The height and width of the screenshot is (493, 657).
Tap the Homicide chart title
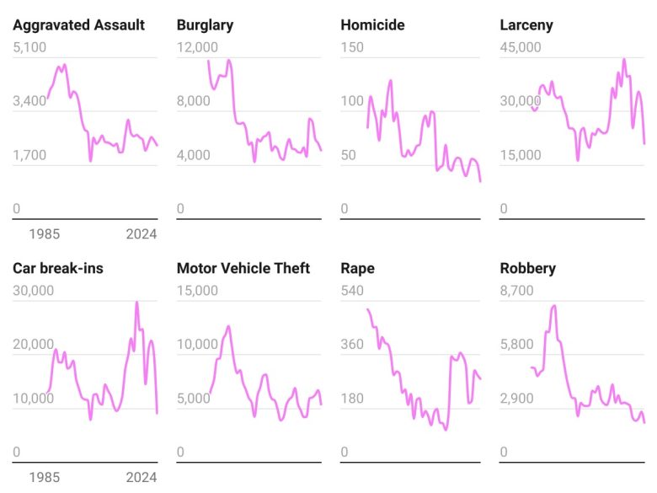click(372, 24)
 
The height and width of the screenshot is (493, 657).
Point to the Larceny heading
click(526, 24)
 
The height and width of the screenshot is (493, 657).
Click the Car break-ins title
click(58, 268)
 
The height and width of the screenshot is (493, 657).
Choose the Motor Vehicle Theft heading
click(243, 268)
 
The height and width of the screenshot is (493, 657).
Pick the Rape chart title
click(357, 268)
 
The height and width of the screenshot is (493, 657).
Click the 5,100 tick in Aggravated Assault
click(29, 47)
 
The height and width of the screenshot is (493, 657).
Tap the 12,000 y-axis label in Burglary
click(197, 47)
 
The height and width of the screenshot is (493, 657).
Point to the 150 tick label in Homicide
click(352, 47)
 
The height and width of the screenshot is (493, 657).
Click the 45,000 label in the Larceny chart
click(521, 47)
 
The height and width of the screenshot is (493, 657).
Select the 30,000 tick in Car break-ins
click(33, 291)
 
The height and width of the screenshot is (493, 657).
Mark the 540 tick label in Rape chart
click(352, 291)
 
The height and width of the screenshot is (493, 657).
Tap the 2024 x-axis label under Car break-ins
click(141, 478)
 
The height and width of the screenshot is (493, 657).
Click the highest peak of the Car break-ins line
click(136, 302)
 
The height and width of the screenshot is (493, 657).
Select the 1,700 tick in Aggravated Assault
click(29, 155)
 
